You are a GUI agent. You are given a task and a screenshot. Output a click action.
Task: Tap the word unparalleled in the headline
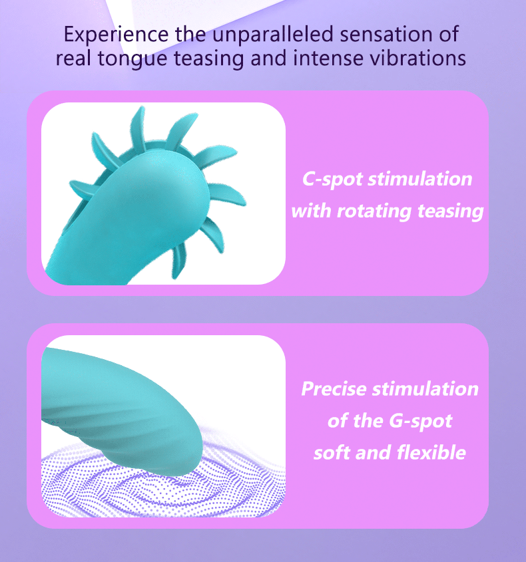[273, 34]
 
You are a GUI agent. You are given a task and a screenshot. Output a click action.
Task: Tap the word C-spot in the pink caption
[332, 179]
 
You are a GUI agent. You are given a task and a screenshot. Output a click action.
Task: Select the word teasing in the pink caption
[451, 211]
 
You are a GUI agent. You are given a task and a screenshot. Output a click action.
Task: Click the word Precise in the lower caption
[334, 388]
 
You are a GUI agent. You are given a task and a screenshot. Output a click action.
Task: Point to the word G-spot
[420, 421]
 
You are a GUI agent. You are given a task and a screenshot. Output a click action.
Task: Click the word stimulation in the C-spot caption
[419, 179]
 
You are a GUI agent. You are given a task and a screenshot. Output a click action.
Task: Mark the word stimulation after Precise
[425, 388]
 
